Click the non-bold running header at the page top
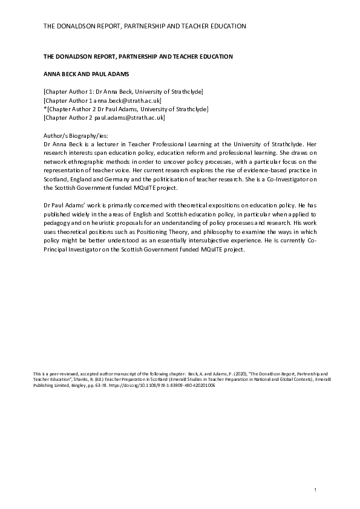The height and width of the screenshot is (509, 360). coord(144,27)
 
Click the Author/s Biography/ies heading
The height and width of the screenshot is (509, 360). coord(76,137)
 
